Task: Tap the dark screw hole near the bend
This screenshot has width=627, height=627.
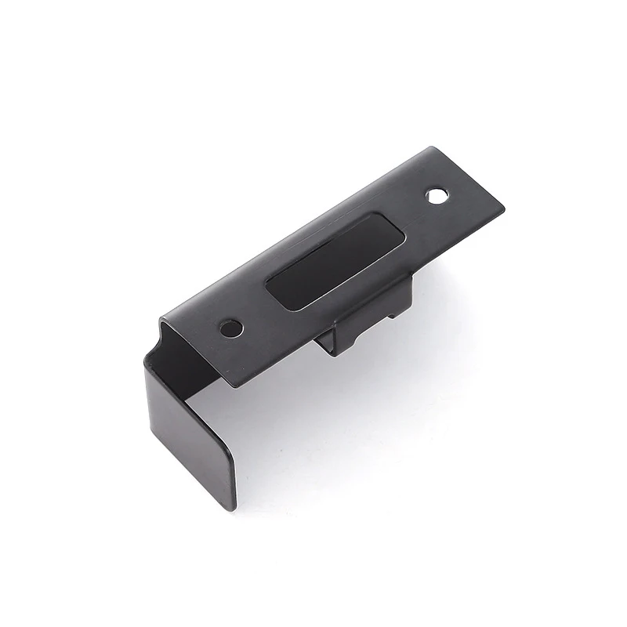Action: pos(230,328)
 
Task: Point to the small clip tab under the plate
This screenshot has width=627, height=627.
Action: pos(368,313)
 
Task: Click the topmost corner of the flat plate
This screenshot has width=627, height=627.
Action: pos(430,148)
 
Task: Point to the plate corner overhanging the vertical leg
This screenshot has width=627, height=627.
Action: pos(228,384)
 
